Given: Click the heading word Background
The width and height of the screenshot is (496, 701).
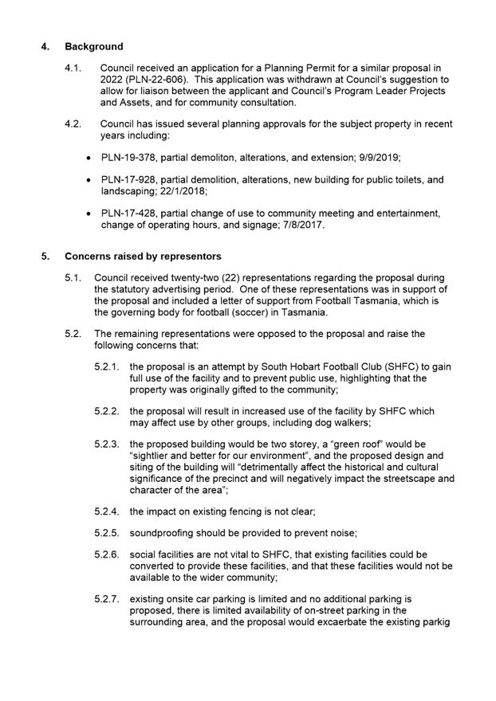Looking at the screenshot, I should (x=95, y=46).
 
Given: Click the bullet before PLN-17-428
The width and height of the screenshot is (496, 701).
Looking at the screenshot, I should (x=88, y=214).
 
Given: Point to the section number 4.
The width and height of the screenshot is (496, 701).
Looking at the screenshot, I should (x=45, y=46).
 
